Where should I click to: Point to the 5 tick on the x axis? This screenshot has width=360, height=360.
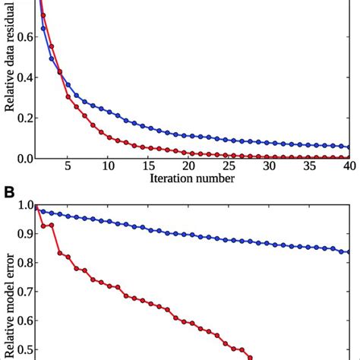[x=68, y=165]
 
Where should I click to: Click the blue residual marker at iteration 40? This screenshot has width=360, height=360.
[x=349, y=147]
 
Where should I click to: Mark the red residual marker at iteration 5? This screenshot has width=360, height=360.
[x=68, y=97]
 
